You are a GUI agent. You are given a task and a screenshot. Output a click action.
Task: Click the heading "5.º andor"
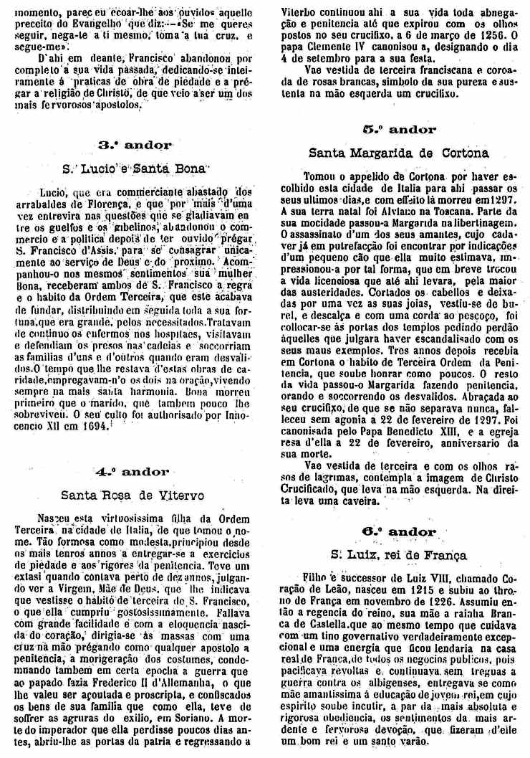pyautogui.click(x=399, y=130)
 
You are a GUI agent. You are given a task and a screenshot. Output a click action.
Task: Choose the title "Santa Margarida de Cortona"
pyautogui.click(x=399, y=153)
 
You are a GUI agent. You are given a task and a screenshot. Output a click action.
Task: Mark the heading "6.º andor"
pyautogui.click(x=399, y=532)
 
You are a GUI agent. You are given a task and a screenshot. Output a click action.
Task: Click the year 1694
pyautogui.click(x=89, y=426)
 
